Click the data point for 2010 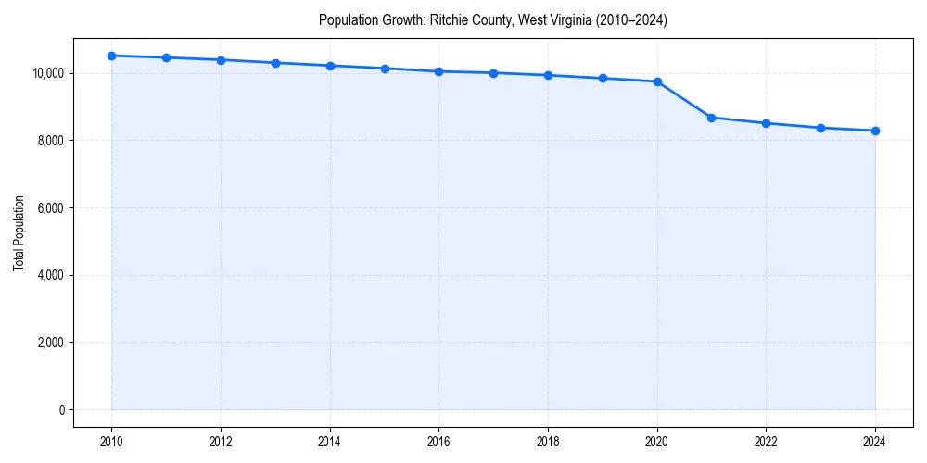[111, 56]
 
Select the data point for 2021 [711, 118]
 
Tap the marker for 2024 [875, 131]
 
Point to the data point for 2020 [657, 81]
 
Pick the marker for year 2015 [385, 69]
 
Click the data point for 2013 [275, 63]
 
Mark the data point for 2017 [493, 73]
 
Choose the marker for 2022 [766, 123]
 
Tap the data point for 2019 [603, 78]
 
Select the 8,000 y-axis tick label [51, 141]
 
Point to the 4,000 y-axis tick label [51, 275]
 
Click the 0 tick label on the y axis [61, 410]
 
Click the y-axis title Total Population [19, 233]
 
